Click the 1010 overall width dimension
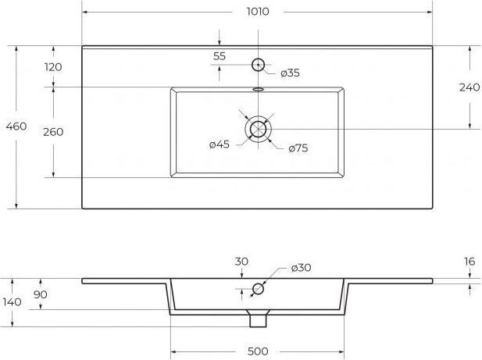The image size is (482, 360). [258, 12]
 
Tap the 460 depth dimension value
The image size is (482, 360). [16, 127]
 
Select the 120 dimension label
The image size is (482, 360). [53, 67]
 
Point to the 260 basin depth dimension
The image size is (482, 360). [53, 132]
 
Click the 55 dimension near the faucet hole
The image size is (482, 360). [220, 56]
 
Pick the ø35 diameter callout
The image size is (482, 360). [290, 73]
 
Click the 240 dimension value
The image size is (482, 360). [470, 87]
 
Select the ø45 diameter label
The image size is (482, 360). [220, 144]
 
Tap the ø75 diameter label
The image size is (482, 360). [298, 148]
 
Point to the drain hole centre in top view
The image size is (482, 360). [258, 129]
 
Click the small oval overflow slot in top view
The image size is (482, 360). [258, 89]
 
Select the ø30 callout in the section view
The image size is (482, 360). [302, 268]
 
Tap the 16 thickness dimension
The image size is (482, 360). [470, 262]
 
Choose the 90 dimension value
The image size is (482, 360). [41, 294]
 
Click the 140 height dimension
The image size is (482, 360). [12, 302]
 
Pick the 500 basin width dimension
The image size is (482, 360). [258, 351]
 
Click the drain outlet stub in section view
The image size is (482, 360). [258, 321]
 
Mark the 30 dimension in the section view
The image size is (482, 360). [241, 262]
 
